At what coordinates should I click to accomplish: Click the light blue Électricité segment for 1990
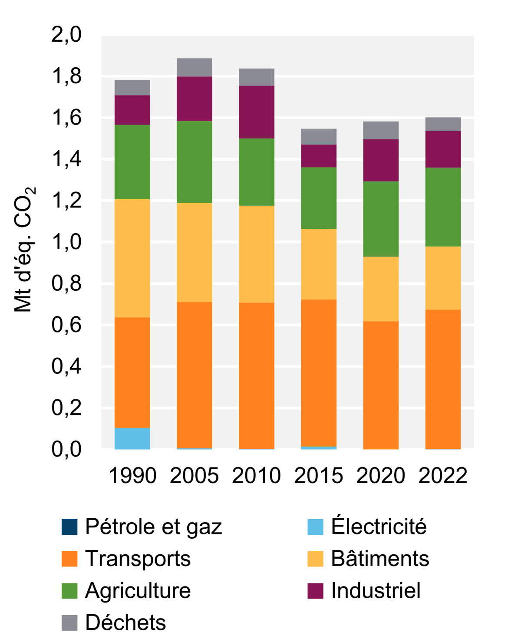point(132,438)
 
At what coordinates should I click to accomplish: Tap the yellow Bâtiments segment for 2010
point(257,254)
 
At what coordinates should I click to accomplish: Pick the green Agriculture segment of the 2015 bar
point(319,198)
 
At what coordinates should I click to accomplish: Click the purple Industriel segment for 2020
point(381,160)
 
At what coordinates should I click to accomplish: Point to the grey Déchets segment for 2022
point(443,124)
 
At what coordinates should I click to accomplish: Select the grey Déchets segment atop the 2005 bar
point(195,67)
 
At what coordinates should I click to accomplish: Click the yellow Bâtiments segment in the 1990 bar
point(132,258)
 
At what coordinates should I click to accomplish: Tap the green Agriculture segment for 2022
point(443,207)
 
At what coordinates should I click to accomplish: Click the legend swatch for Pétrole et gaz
point(69,527)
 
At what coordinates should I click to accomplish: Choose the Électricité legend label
point(379,527)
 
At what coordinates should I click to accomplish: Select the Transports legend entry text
point(138,559)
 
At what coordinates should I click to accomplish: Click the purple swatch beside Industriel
point(315,591)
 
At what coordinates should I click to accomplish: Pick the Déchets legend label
point(125,623)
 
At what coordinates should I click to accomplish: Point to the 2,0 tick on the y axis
point(66,35)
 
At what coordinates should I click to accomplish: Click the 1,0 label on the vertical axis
point(66,242)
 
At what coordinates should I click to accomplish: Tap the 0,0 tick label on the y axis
point(66,449)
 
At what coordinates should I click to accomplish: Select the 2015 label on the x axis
point(319,476)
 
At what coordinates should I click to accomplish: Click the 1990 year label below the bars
point(132,476)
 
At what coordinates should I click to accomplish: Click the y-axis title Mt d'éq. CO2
point(24,250)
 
